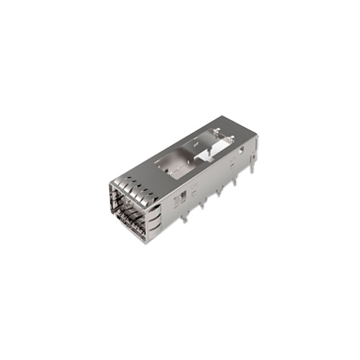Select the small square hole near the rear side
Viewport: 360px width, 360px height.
click(x=241, y=150)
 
